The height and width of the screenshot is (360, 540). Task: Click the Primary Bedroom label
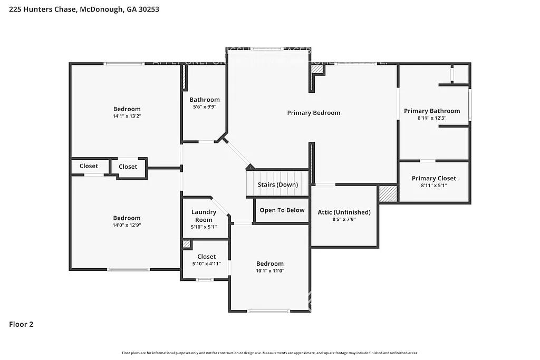[313, 113]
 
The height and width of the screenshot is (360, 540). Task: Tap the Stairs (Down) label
[277, 185]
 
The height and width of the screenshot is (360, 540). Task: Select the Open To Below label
[282, 210]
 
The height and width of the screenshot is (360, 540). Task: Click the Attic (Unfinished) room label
[344, 212]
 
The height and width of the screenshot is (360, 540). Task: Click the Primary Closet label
[433, 179]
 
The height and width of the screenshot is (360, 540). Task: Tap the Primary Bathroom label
[431, 111]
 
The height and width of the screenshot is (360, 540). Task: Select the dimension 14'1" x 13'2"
[127, 116]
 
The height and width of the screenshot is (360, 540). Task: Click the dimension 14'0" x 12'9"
[127, 225]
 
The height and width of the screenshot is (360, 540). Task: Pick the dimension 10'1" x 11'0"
[270, 271]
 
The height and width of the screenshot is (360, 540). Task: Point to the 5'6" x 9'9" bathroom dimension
[205, 106]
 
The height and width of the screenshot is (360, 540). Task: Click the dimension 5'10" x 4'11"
[206, 264]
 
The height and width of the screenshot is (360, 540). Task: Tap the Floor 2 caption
[21, 325]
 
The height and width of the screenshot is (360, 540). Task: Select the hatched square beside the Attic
[388, 193]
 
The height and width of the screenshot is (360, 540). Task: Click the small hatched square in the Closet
[186, 244]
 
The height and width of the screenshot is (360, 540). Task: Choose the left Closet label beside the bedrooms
[89, 166]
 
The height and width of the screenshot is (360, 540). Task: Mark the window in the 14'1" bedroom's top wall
[124, 64]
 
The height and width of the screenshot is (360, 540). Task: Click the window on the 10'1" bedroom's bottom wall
[268, 311]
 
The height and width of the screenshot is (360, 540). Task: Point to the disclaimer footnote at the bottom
[269, 353]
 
